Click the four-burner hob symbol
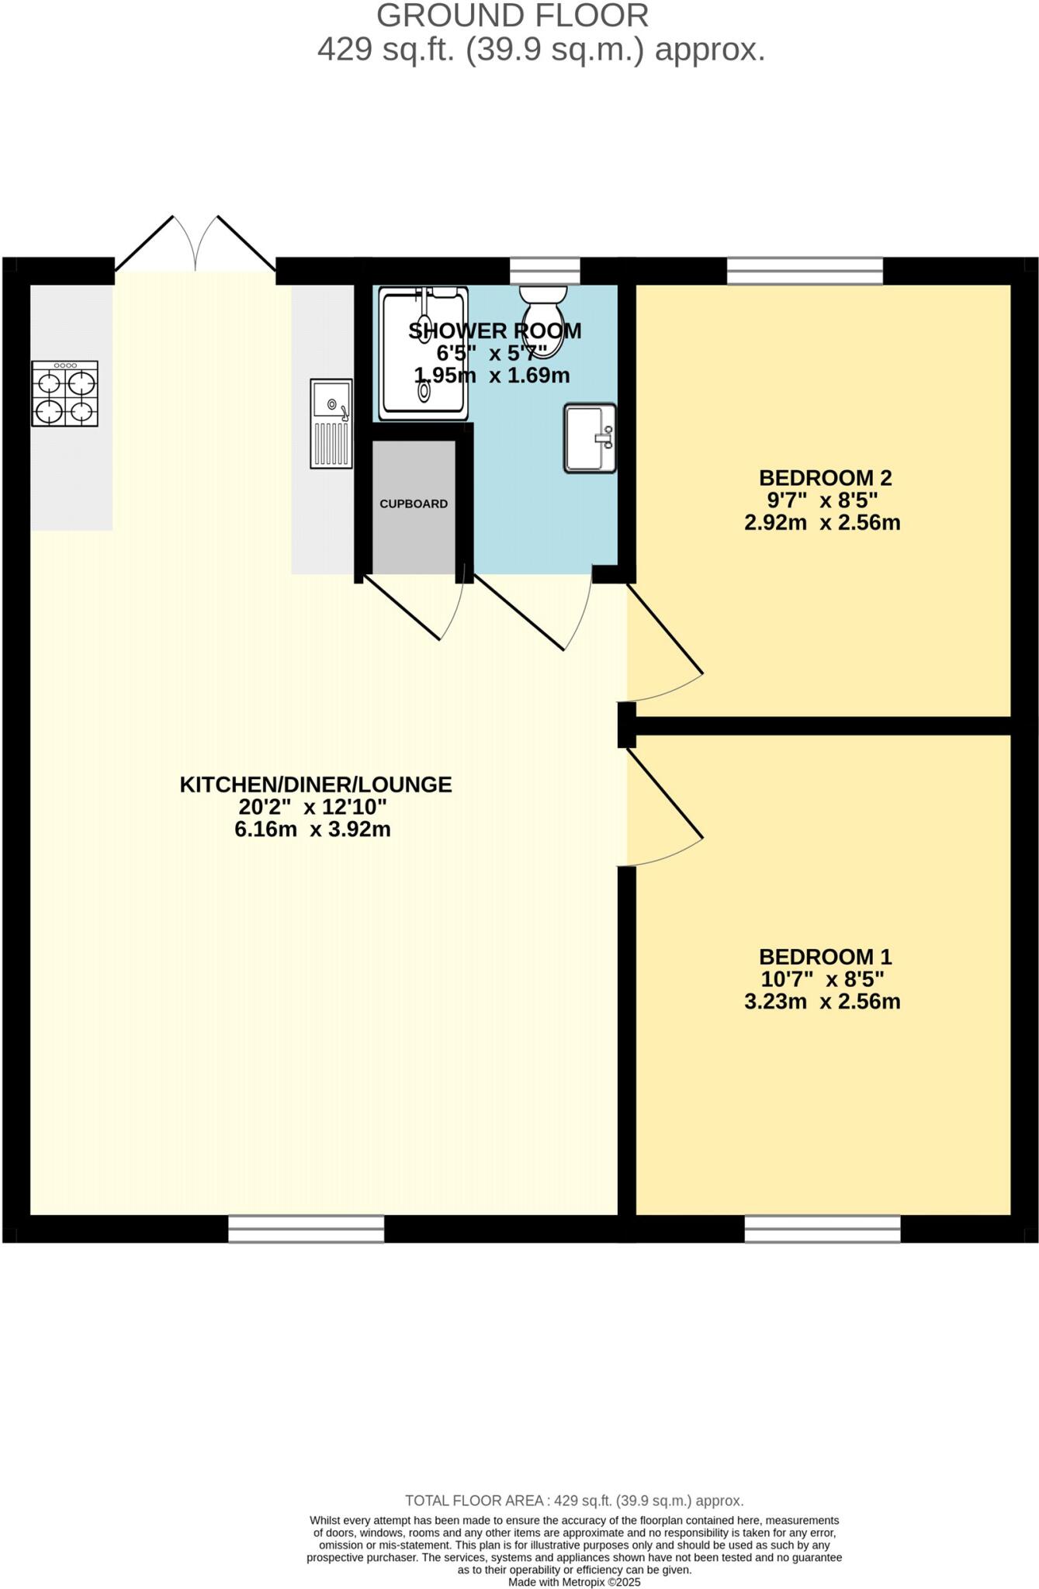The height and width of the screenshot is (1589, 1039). (x=65, y=393)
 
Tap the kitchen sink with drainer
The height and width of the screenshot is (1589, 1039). (x=331, y=424)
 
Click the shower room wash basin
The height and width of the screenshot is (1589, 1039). (x=590, y=438)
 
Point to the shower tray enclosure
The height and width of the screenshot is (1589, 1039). (x=424, y=353)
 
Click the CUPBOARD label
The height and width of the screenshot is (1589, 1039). (x=414, y=504)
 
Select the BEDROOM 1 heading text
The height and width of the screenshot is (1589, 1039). (x=825, y=956)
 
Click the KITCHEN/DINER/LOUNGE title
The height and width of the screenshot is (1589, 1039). (x=316, y=784)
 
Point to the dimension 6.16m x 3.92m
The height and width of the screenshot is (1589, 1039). (x=312, y=829)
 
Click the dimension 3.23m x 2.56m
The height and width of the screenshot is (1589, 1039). (x=822, y=1002)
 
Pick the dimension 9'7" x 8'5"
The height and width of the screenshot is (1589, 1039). (x=822, y=500)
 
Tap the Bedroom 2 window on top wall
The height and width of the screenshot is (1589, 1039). (x=805, y=272)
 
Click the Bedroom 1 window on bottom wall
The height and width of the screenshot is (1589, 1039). (x=823, y=1229)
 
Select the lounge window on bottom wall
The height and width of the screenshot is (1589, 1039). (x=307, y=1229)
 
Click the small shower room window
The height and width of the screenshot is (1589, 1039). (x=545, y=271)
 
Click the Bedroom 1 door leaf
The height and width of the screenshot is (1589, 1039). (x=666, y=794)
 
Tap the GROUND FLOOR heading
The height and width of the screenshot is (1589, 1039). (x=512, y=16)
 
